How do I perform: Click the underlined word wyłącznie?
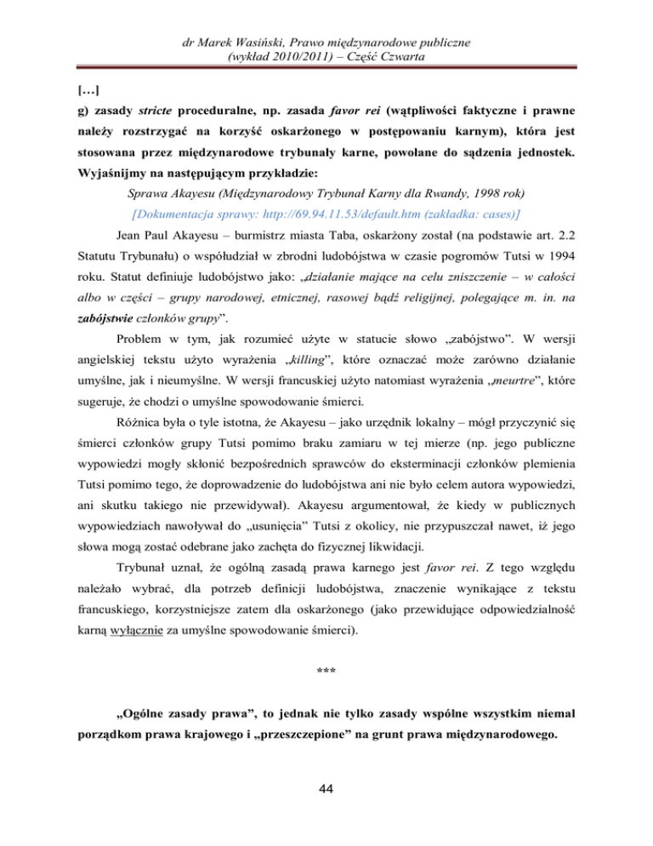(133, 632)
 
